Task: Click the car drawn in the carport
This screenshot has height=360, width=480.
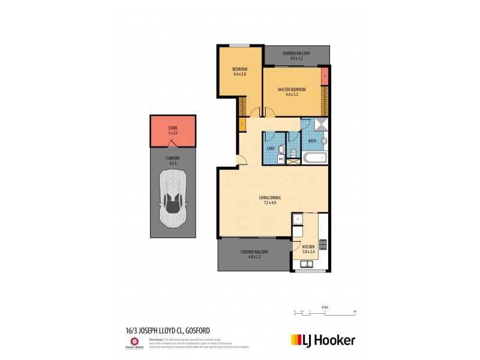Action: [172, 198]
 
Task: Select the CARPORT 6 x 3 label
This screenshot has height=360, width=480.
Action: [172, 160]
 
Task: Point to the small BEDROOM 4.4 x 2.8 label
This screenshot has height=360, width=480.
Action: [239, 72]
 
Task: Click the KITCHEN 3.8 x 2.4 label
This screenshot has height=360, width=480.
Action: [308, 249]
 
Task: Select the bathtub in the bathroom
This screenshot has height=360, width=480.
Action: [314, 158]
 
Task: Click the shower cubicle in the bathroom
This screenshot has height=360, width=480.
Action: [321, 124]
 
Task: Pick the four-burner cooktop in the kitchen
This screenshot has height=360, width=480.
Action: [322, 244]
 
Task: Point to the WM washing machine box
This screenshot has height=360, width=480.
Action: [272, 159]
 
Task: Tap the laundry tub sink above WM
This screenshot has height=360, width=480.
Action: [272, 148]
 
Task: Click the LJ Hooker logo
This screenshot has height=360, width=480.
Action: [323, 340]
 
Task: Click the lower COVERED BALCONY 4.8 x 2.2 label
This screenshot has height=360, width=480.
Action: [254, 254]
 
